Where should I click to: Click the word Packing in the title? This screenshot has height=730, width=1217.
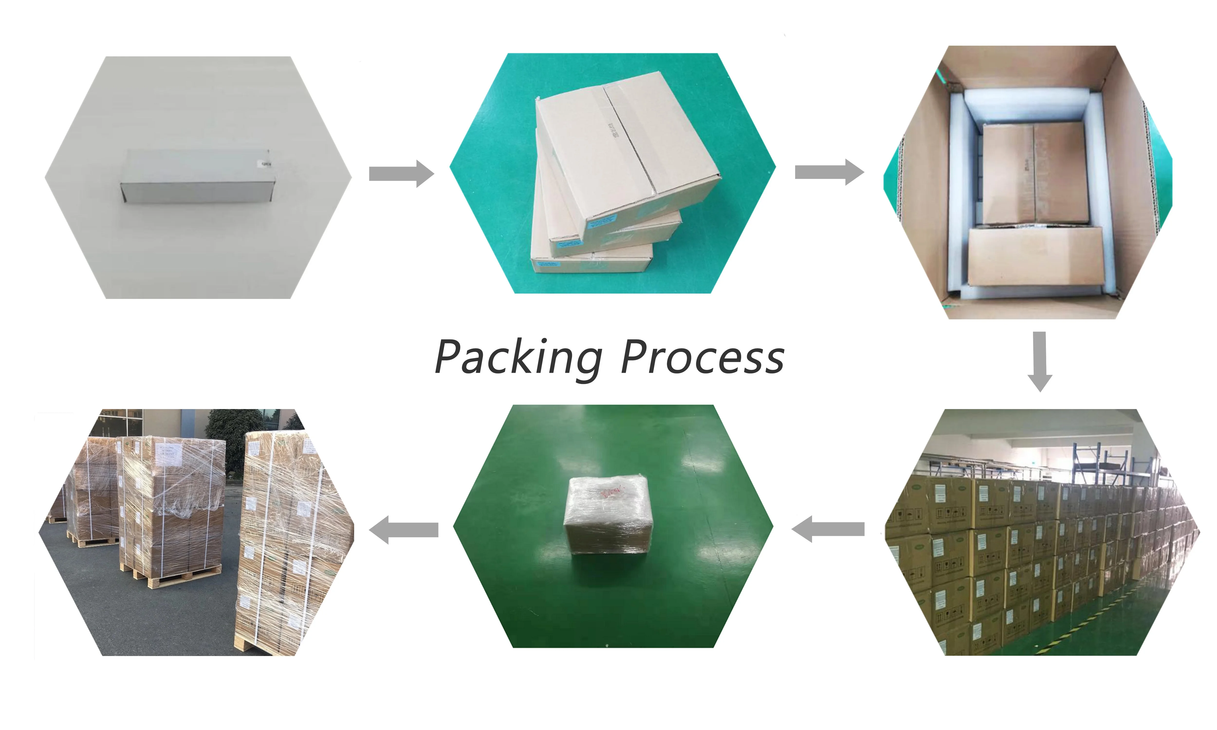(x=518, y=358)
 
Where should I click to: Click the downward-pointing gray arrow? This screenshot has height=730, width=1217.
(x=1039, y=362)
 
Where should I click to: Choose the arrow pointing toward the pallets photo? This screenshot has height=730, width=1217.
(x=403, y=530)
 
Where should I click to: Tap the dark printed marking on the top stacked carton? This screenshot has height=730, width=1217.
(x=615, y=130)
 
